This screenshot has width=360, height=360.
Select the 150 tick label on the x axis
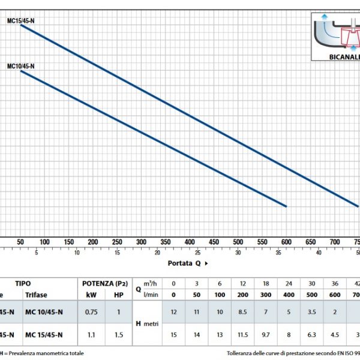[x=68, y=241]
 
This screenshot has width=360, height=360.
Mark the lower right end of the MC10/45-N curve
[x=286, y=206]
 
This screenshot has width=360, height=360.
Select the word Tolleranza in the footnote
[x=241, y=353]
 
